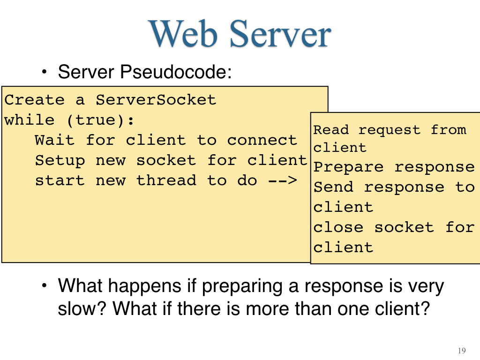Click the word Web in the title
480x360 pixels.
[x=183, y=33]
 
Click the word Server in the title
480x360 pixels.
[x=280, y=33]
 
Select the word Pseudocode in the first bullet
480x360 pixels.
[x=176, y=72]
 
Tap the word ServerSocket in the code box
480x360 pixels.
[x=156, y=100]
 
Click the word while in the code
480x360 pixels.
[x=30, y=120]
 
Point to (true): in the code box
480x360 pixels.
[x=100, y=120]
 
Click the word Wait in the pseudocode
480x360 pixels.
[x=54, y=140]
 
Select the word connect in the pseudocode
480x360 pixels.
[x=262, y=140]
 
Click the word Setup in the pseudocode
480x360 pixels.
[x=60, y=160]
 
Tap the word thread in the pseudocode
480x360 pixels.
[x=166, y=180]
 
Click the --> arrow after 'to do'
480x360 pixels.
[x=283, y=180]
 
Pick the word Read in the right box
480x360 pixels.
[x=331, y=130]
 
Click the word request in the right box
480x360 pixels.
[x=390, y=130]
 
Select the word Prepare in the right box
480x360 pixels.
[x=348, y=167]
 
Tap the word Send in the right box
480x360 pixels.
[x=333, y=187]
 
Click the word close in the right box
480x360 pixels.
[x=338, y=227]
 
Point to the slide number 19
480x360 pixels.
[x=462, y=351]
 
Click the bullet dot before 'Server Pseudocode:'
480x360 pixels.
[x=45, y=72]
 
